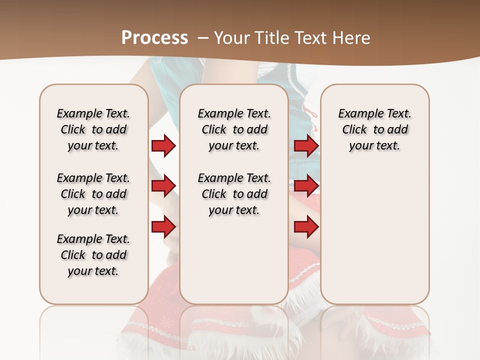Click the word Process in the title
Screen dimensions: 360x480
(x=154, y=38)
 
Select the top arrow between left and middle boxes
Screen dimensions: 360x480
(x=163, y=145)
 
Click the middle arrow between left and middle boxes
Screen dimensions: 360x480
(x=163, y=186)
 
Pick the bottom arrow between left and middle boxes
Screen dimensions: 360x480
(x=163, y=226)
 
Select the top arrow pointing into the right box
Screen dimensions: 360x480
(x=306, y=145)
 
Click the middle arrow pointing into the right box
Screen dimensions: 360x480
(x=306, y=186)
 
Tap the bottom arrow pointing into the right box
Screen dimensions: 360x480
(x=306, y=226)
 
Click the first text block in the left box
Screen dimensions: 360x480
(x=93, y=129)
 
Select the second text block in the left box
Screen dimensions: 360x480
(x=93, y=194)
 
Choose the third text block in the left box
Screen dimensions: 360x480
(x=93, y=255)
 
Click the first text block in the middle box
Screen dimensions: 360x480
(x=234, y=129)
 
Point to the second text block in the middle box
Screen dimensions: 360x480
(x=234, y=194)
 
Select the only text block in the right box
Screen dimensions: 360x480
(x=375, y=129)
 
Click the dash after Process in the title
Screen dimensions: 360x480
(x=203, y=38)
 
